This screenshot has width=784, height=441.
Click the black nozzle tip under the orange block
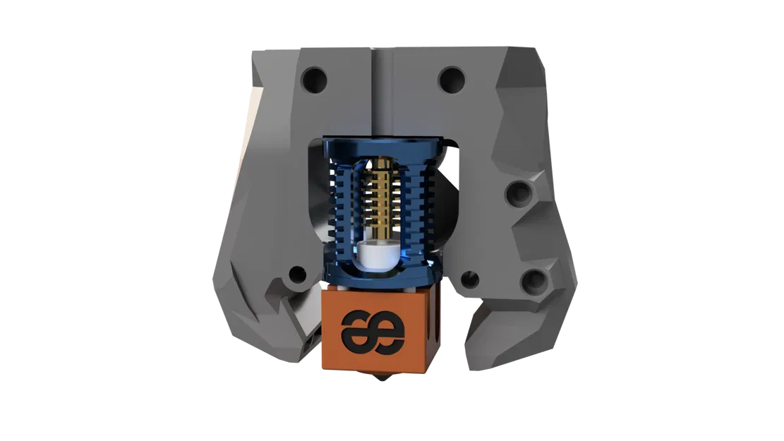(382, 379)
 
